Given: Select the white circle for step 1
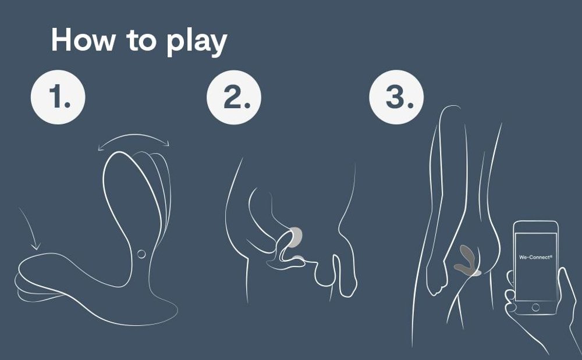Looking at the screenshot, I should click(x=58, y=98).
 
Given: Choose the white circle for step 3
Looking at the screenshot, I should click(x=396, y=98).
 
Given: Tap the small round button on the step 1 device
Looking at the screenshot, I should click(x=141, y=254).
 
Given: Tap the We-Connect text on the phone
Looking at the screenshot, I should click(x=534, y=256).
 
